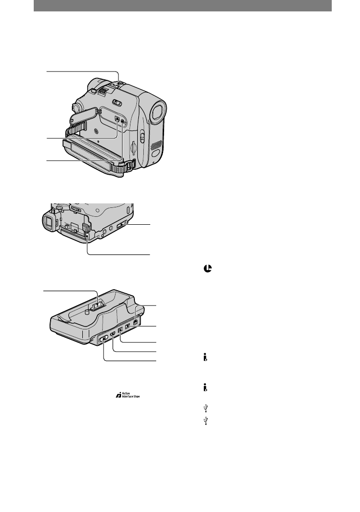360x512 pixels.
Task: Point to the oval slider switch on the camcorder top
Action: [x=117, y=103]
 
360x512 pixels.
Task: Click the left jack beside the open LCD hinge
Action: [x=117, y=119]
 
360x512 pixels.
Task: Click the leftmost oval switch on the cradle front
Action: [x=104, y=340]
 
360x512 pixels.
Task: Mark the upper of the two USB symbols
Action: [x=205, y=409]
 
